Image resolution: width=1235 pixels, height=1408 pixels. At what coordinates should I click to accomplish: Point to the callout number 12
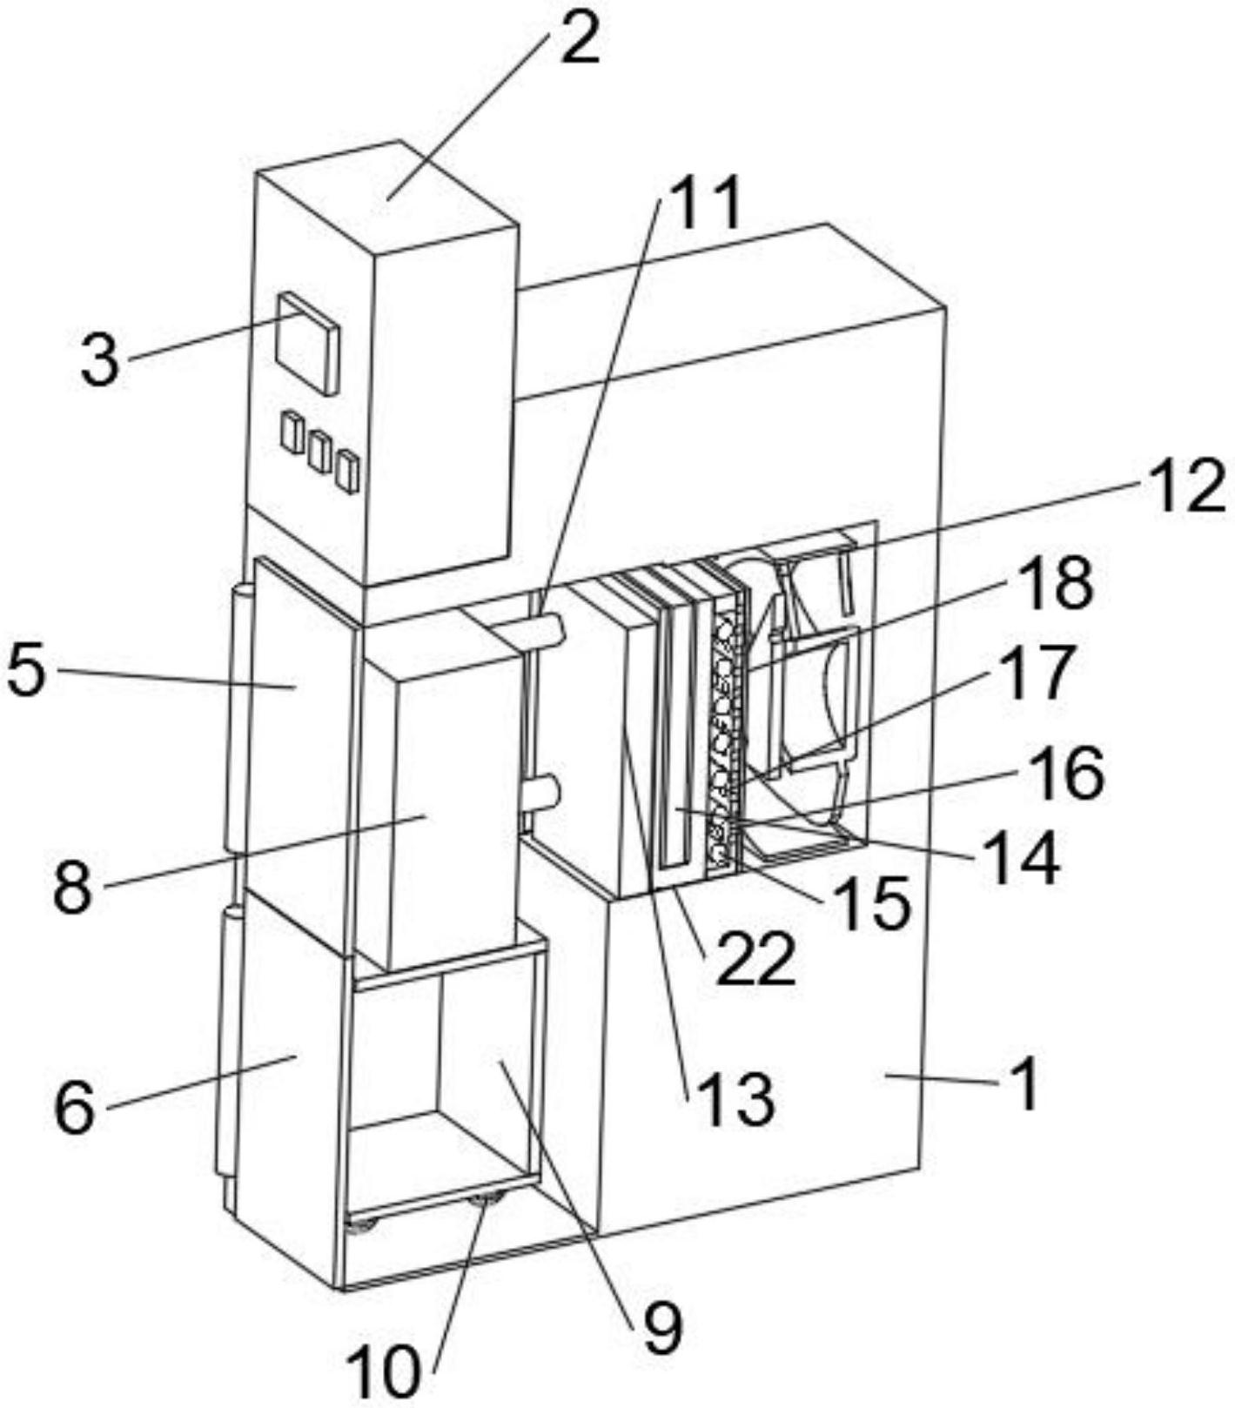tap(1186, 488)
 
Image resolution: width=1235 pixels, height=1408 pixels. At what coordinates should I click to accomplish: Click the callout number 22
tap(755, 959)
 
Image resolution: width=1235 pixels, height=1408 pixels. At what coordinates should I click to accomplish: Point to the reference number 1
tap(1028, 1084)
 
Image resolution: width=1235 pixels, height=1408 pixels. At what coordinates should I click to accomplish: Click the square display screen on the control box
tap(306, 345)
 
